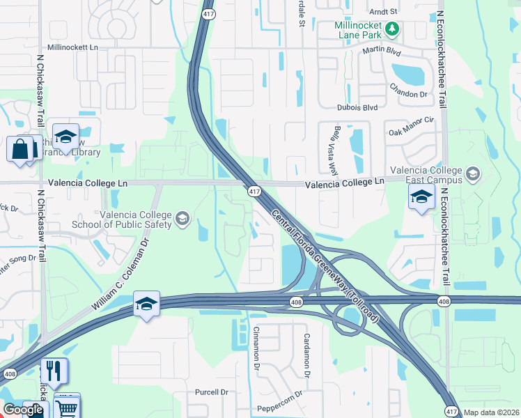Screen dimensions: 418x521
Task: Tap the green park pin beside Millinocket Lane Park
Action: click(x=392, y=29)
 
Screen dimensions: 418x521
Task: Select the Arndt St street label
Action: click(x=384, y=12)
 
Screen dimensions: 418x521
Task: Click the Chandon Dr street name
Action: click(x=409, y=93)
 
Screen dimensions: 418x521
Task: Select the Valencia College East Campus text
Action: click(x=427, y=175)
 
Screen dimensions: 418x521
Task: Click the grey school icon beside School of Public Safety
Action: click(x=182, y=219)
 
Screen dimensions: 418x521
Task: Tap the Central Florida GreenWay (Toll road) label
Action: click(x=325, y=257)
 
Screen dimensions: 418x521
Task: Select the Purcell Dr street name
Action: click(x=212, y=392)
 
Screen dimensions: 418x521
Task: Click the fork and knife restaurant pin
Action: click(x=54, y=371)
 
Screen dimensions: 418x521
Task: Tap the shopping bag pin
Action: click(x=20, y=148)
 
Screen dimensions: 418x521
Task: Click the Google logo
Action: click(x=22, y=410)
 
